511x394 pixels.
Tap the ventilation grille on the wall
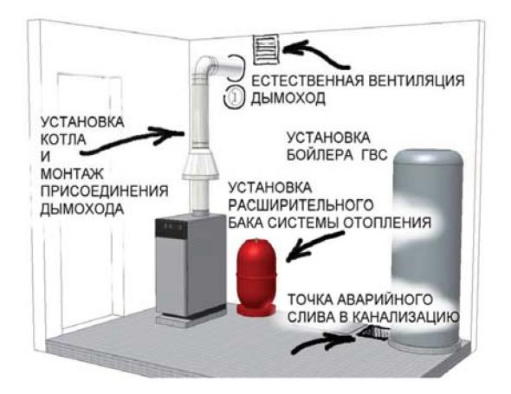point(266,49)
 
